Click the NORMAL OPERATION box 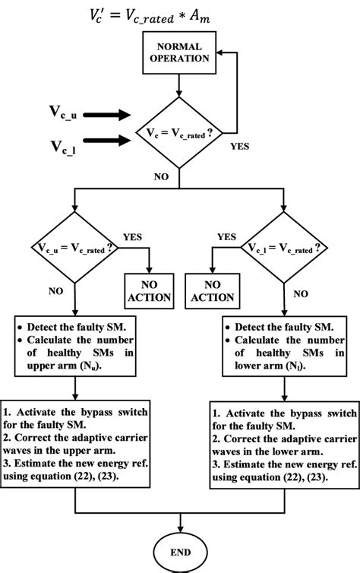[178, 52]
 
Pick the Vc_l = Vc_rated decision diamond [285, 248]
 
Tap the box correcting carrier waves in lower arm [283, 431]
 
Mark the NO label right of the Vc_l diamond [301, 292]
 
